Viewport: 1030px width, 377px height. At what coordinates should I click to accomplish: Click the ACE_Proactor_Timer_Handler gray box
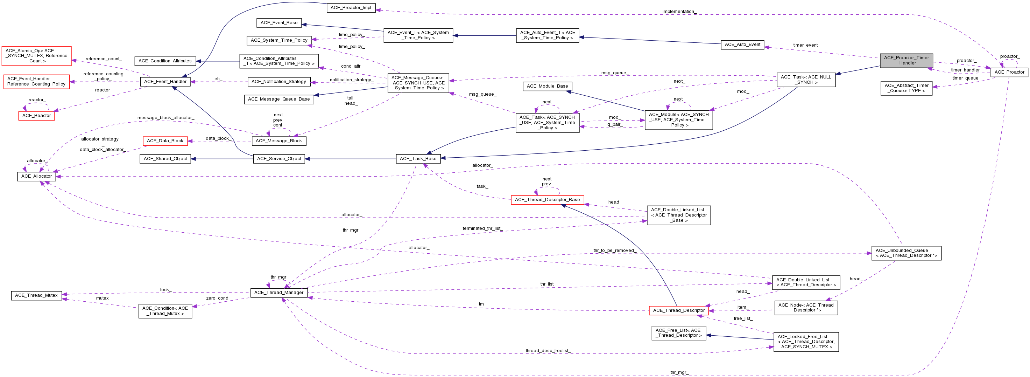pos(906,60)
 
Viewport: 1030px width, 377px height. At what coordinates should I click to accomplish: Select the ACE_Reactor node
pos(36,116)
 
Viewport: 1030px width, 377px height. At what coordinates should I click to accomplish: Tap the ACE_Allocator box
pos(36,176)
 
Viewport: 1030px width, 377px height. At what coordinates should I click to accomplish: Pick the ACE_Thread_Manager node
pos(279,293)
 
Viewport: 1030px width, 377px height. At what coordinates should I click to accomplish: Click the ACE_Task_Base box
pos(418,159)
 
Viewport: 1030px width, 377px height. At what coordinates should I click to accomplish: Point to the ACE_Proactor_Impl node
pos(351,8)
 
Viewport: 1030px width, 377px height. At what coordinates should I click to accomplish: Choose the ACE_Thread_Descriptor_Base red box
pos(548,200)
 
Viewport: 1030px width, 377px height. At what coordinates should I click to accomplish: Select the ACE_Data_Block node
pos(165,141)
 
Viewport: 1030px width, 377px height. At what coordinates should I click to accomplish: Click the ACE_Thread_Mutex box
pos(36,295)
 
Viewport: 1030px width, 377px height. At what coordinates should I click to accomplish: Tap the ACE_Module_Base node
pos(548,86)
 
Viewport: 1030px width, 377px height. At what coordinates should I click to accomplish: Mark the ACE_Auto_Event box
pos(742,44)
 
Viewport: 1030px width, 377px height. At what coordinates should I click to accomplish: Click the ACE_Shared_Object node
pos(165,159)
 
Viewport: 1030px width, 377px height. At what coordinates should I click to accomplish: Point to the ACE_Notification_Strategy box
pos(279,82)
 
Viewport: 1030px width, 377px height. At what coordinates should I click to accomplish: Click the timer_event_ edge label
pos(806,45)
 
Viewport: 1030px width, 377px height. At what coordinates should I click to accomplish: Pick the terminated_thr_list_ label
pos(482,228)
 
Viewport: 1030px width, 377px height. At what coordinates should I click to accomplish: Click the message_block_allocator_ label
pos(166,118)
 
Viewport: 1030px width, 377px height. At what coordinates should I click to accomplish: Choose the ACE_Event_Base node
pos(279,23)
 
